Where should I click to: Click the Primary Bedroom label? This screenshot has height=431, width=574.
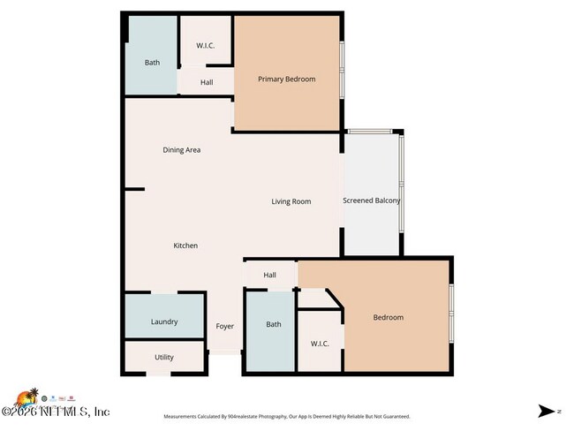pos(286,79)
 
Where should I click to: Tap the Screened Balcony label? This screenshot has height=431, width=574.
pos(371,200)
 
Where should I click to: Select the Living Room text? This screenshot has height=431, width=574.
pos(291,201)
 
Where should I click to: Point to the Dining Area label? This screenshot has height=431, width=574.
pos(181,150)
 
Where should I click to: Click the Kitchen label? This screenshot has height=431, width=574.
pos(185,246)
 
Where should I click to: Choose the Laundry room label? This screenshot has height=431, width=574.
pos(164,321)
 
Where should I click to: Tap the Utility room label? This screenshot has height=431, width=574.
pos(164,358)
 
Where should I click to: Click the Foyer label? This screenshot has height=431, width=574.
pos(225,326)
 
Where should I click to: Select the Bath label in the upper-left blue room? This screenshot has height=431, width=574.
pos(152,63)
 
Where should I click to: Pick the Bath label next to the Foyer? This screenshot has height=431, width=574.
pos(274,324)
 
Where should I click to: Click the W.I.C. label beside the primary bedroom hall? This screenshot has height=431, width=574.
pos(205,46)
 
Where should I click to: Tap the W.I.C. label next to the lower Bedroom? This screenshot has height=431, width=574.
pos(320,344)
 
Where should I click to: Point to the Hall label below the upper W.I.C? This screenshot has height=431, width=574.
pos(206,83)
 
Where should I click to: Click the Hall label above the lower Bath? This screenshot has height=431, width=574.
pos(270,276)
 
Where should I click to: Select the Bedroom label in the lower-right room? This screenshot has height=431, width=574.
pos(388,318)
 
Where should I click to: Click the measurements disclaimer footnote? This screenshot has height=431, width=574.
pos(286,416)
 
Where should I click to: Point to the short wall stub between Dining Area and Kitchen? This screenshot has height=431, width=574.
pos(134,188)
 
